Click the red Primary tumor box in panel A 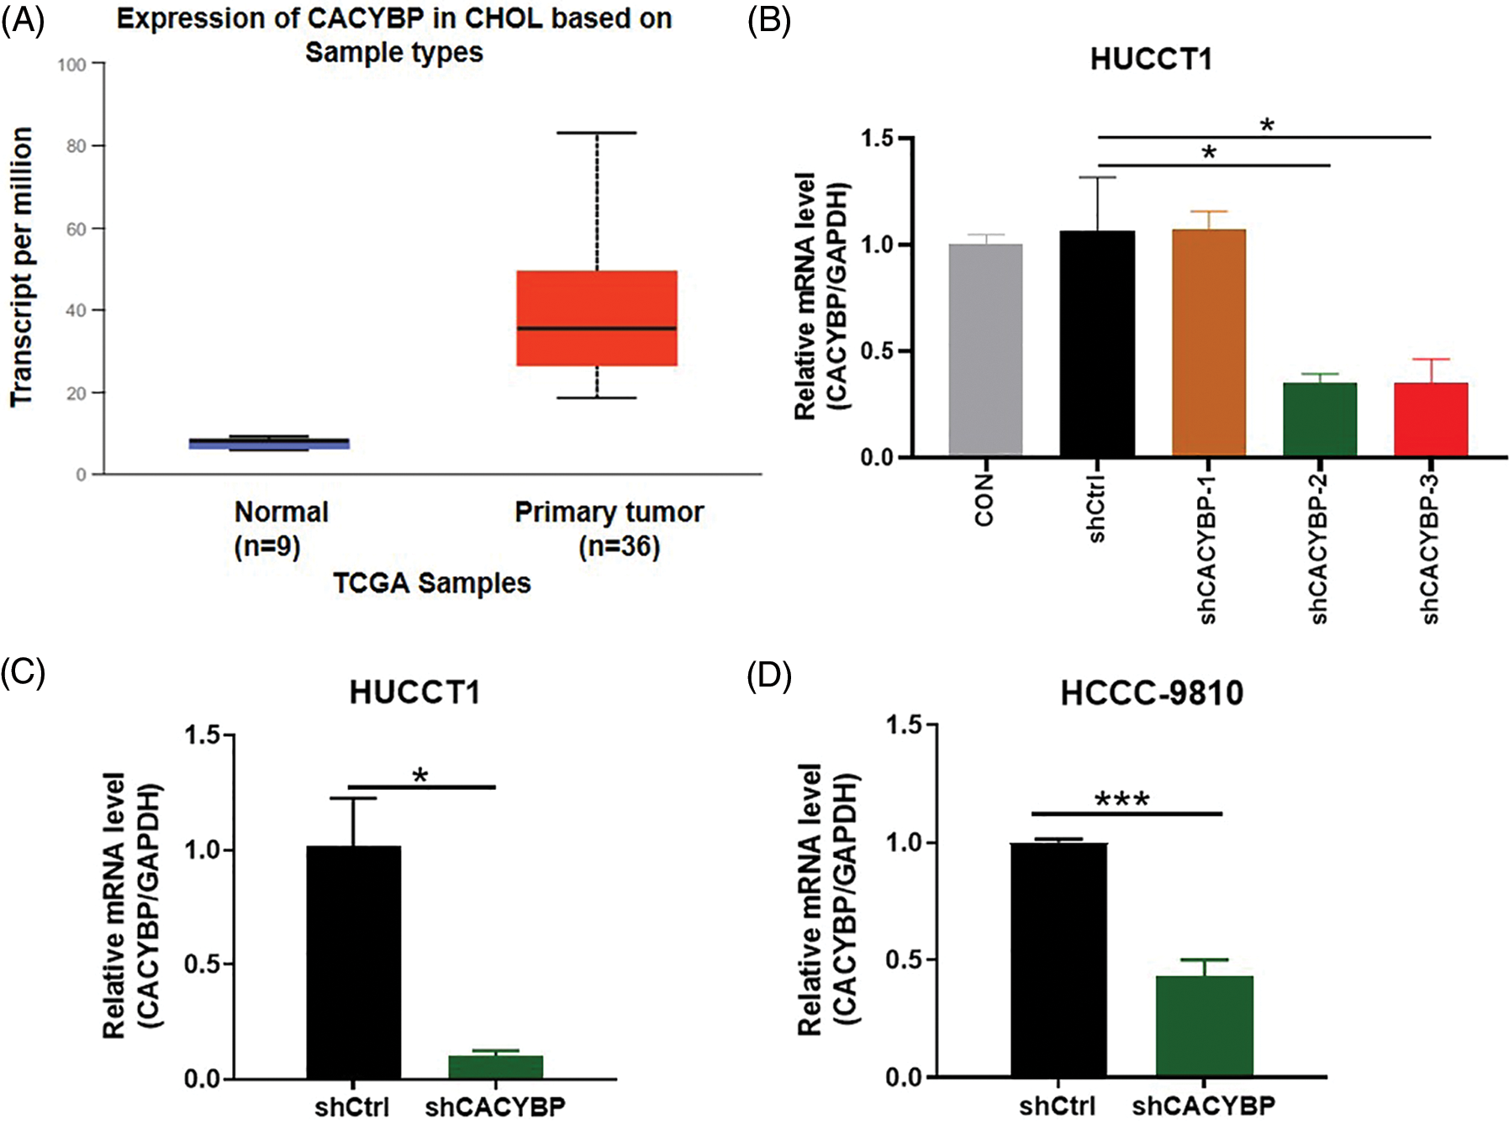tap(597, 318)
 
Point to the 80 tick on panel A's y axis tap(77, 146)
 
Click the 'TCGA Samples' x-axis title tap(431, 583)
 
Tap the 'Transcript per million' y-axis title tap(22, 267)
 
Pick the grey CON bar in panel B tap(985, 350)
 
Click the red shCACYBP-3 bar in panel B tap(1431, 419)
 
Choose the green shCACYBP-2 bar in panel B tap(1319, 419)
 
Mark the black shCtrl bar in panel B tap(1097, 344)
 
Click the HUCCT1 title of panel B tap(1151, 60)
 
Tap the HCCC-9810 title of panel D tap(1151, 693)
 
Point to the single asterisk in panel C tap(420, 776)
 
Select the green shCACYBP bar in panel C tap(495, 1066)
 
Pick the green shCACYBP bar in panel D tap(1204, 1026)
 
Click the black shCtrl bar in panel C tap(353, 962)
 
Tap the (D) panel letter tap(769, 675)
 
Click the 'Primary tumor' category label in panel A tap(609, 512)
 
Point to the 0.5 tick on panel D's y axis tap(905, 960)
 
